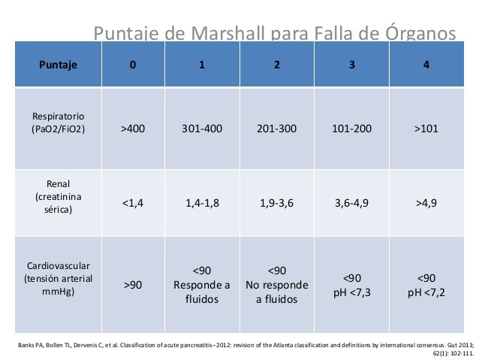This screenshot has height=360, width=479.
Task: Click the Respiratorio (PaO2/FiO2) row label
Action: [58, 123]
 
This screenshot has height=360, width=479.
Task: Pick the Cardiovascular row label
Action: [58, 278]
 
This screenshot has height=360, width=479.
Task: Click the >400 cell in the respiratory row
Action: [133, 128]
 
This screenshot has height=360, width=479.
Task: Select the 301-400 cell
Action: [201, 128]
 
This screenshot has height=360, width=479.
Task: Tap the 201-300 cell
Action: [276, 128]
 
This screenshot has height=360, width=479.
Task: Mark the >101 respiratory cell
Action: [426, 128]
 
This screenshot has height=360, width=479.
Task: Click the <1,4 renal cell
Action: [133, 201]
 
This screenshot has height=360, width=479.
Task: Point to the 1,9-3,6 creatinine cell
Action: [276, 201]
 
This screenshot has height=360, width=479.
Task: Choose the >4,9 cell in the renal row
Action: [426, 201]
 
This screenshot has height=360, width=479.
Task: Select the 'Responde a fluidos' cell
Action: [201, 285]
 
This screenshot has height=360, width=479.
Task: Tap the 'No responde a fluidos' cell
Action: [276, 285]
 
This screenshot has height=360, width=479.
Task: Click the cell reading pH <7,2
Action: [426, 285]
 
